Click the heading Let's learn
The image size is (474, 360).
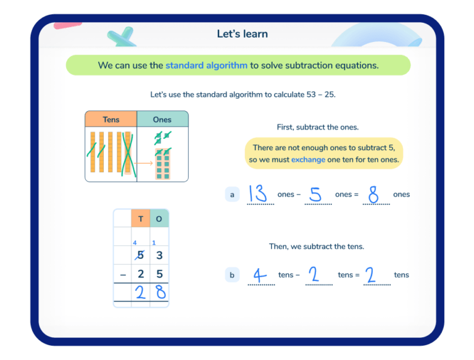point(242,34)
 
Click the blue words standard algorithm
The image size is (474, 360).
point(206,65)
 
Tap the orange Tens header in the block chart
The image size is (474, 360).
point(111,119)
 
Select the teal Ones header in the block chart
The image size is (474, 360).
point(162,119)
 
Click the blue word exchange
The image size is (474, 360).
point(308,159)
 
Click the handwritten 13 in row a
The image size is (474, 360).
point(259,194)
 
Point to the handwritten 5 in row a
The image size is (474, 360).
point(315,195)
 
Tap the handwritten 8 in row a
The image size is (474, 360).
point(373,195)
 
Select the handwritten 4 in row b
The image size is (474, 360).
point(260,275)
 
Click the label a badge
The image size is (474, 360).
point(232,195)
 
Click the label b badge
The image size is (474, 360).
point(232,275)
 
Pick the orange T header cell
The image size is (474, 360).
point(141,219)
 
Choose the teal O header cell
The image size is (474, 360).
point(159,219)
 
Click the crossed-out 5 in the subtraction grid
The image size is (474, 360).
point(141,255)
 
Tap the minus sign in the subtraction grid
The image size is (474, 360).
point(122,274)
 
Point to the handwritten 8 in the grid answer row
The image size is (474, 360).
point(160,292)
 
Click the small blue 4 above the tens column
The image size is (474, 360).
point(135,243)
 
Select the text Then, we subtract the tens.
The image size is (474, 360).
point(317,246)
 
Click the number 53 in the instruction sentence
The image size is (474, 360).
point(313,94)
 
